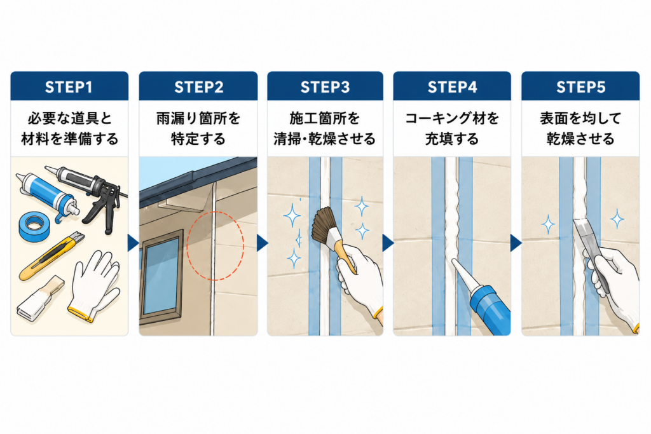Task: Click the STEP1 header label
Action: pyautogui.click(x=69, y=87)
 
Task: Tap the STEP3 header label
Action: pyautogui.click(x=325, y=87)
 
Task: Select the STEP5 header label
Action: pyautogui.click(x=581, y=87)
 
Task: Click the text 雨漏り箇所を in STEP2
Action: pyautogui.click(x=198, y=119)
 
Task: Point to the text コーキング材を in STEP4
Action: pyautogui.click(x=452, y=119)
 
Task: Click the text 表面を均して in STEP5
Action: pyautogui.click(x=580, y=119)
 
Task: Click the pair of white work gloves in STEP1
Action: pyautogui.click(x=95, y=285)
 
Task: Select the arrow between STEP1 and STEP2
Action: pyautogui.click(x=133, y=243)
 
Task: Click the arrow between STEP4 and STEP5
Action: pyautogui.click(x=516, y=243)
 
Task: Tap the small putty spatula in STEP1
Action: pyautogui.click(x=40, y=299)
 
